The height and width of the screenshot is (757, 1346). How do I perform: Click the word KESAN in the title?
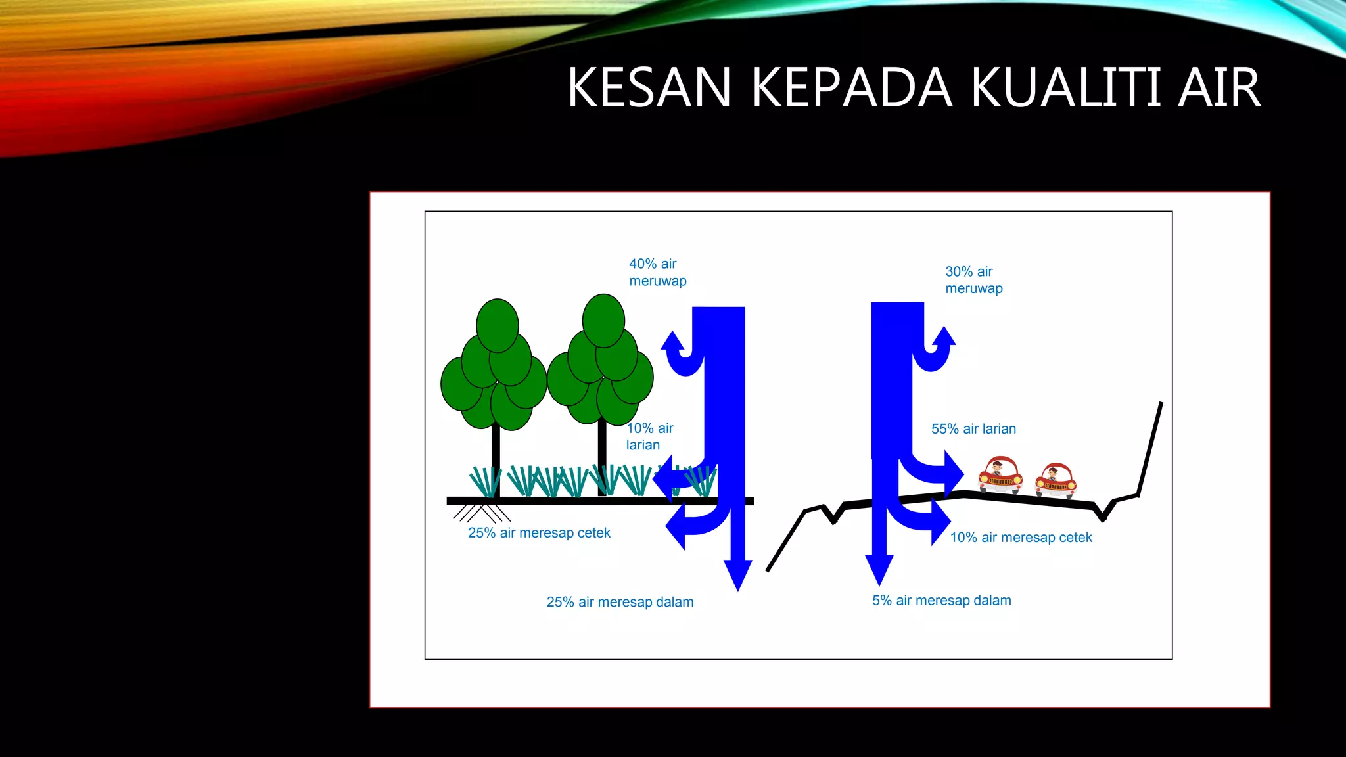(649, 87)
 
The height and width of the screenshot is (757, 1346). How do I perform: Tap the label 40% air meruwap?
(657, 272)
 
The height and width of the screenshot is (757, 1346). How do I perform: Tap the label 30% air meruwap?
(973, 280)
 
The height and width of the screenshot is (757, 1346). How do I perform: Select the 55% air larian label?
(973, 429)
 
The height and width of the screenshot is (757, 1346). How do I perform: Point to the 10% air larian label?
(649, 436)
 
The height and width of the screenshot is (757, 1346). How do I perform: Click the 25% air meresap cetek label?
(539, 533)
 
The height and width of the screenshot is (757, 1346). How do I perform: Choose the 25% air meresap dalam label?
(620, 602)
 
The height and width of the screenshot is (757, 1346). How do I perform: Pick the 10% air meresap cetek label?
(1021, 538)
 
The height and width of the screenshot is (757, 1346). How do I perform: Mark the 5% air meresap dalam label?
(941, 601)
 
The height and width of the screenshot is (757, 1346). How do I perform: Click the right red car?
(1056, 481)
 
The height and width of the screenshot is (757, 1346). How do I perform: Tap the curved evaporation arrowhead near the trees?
(672, 341)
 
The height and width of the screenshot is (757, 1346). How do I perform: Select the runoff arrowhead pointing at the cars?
(953, 474)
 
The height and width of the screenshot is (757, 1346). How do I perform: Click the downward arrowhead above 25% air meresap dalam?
(738, 574)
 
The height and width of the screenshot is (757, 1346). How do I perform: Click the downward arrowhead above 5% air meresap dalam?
(879, 569)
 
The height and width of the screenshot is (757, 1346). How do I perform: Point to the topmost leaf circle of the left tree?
(498, 325)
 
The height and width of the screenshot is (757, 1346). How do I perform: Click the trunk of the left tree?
(496, 460)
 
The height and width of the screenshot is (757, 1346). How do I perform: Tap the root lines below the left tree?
(482, 513)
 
